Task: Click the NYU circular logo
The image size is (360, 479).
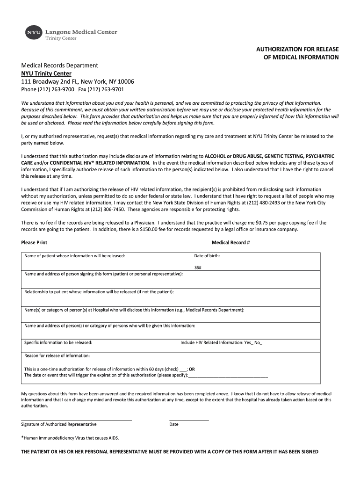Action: (33, 32)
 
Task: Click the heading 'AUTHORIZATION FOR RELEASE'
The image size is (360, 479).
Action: (297, 49)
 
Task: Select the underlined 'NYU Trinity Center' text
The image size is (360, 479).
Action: (46, 73)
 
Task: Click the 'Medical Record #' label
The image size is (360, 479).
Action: (230, 243)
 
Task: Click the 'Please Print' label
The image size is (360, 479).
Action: (34, 243)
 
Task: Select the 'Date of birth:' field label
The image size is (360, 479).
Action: (207, 256)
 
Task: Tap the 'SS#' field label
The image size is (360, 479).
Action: (198, 268)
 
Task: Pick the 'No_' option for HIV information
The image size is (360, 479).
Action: (259, 342)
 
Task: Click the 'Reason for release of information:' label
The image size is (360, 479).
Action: (57, 356)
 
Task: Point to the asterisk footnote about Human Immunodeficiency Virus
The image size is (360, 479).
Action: (70, 438)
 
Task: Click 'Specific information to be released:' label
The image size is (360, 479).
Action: (58, 342)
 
